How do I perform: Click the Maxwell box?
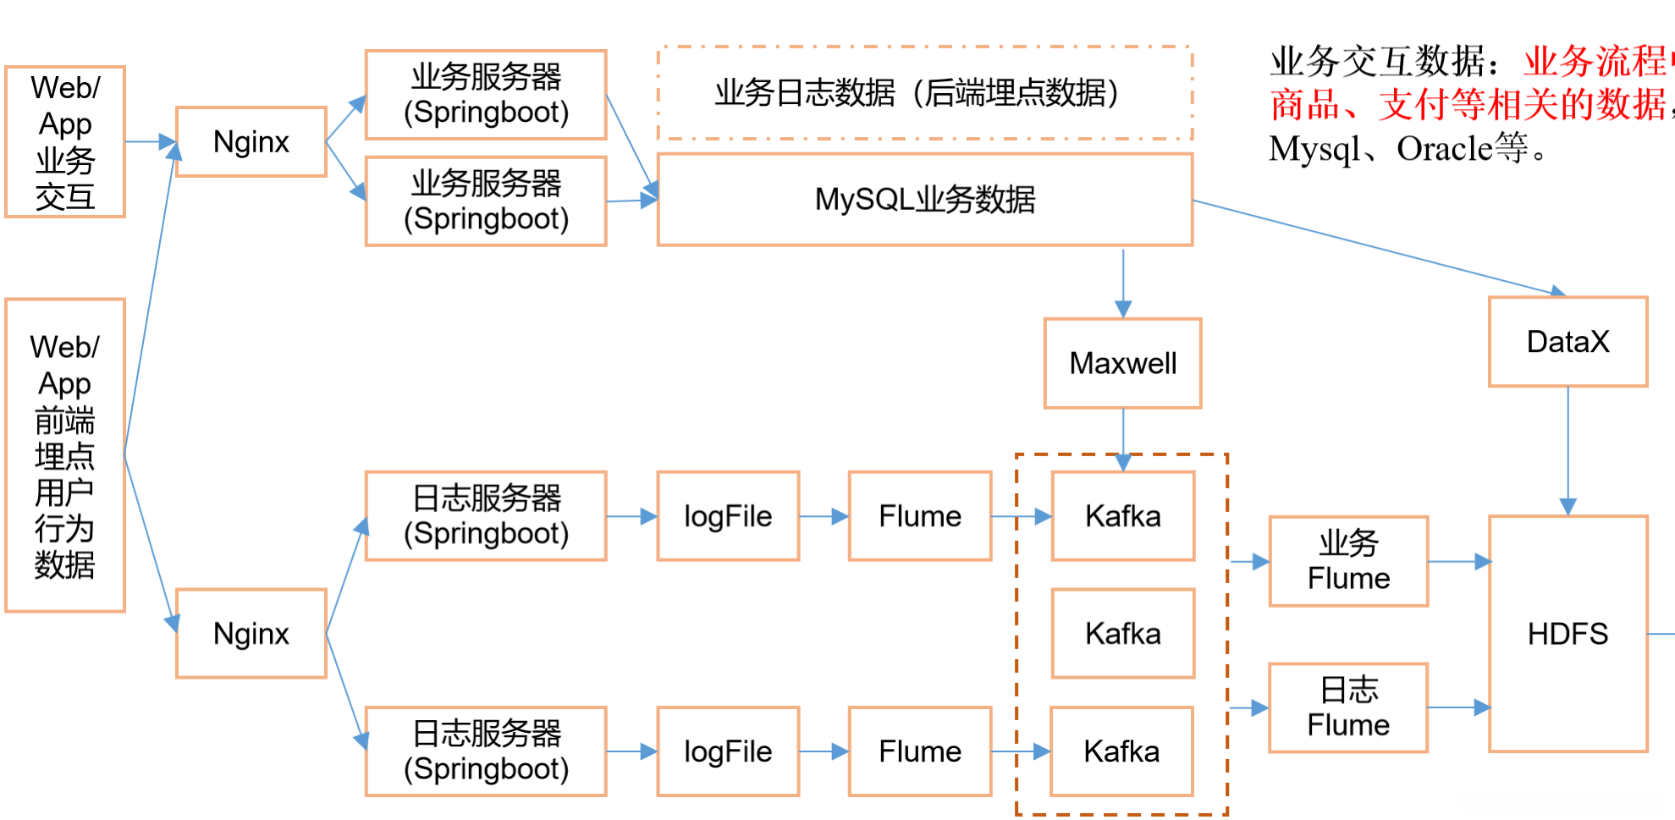tap(1122, 363)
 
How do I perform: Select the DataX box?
tap(1568, 342)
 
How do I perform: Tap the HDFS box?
tap(1568, 633)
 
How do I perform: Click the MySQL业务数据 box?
tap(924, 200)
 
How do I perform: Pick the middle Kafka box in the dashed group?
tap(1122, 633)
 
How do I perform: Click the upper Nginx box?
tap(251, 141)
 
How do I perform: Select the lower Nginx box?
tap(251, 633)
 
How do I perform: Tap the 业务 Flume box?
tap(1348, 561)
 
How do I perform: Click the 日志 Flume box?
tap(1348, 707)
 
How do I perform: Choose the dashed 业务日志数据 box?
tap(924, 93)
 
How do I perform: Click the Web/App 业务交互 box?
tap(65, 142)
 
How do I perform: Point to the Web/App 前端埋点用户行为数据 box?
tap(65, 454)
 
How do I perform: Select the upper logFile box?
tap(728, 516)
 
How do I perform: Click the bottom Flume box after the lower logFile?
tap(920, 751)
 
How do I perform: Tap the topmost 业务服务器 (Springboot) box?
tap(486, 94)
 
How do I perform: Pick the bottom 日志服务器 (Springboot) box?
tap(486, 751)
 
